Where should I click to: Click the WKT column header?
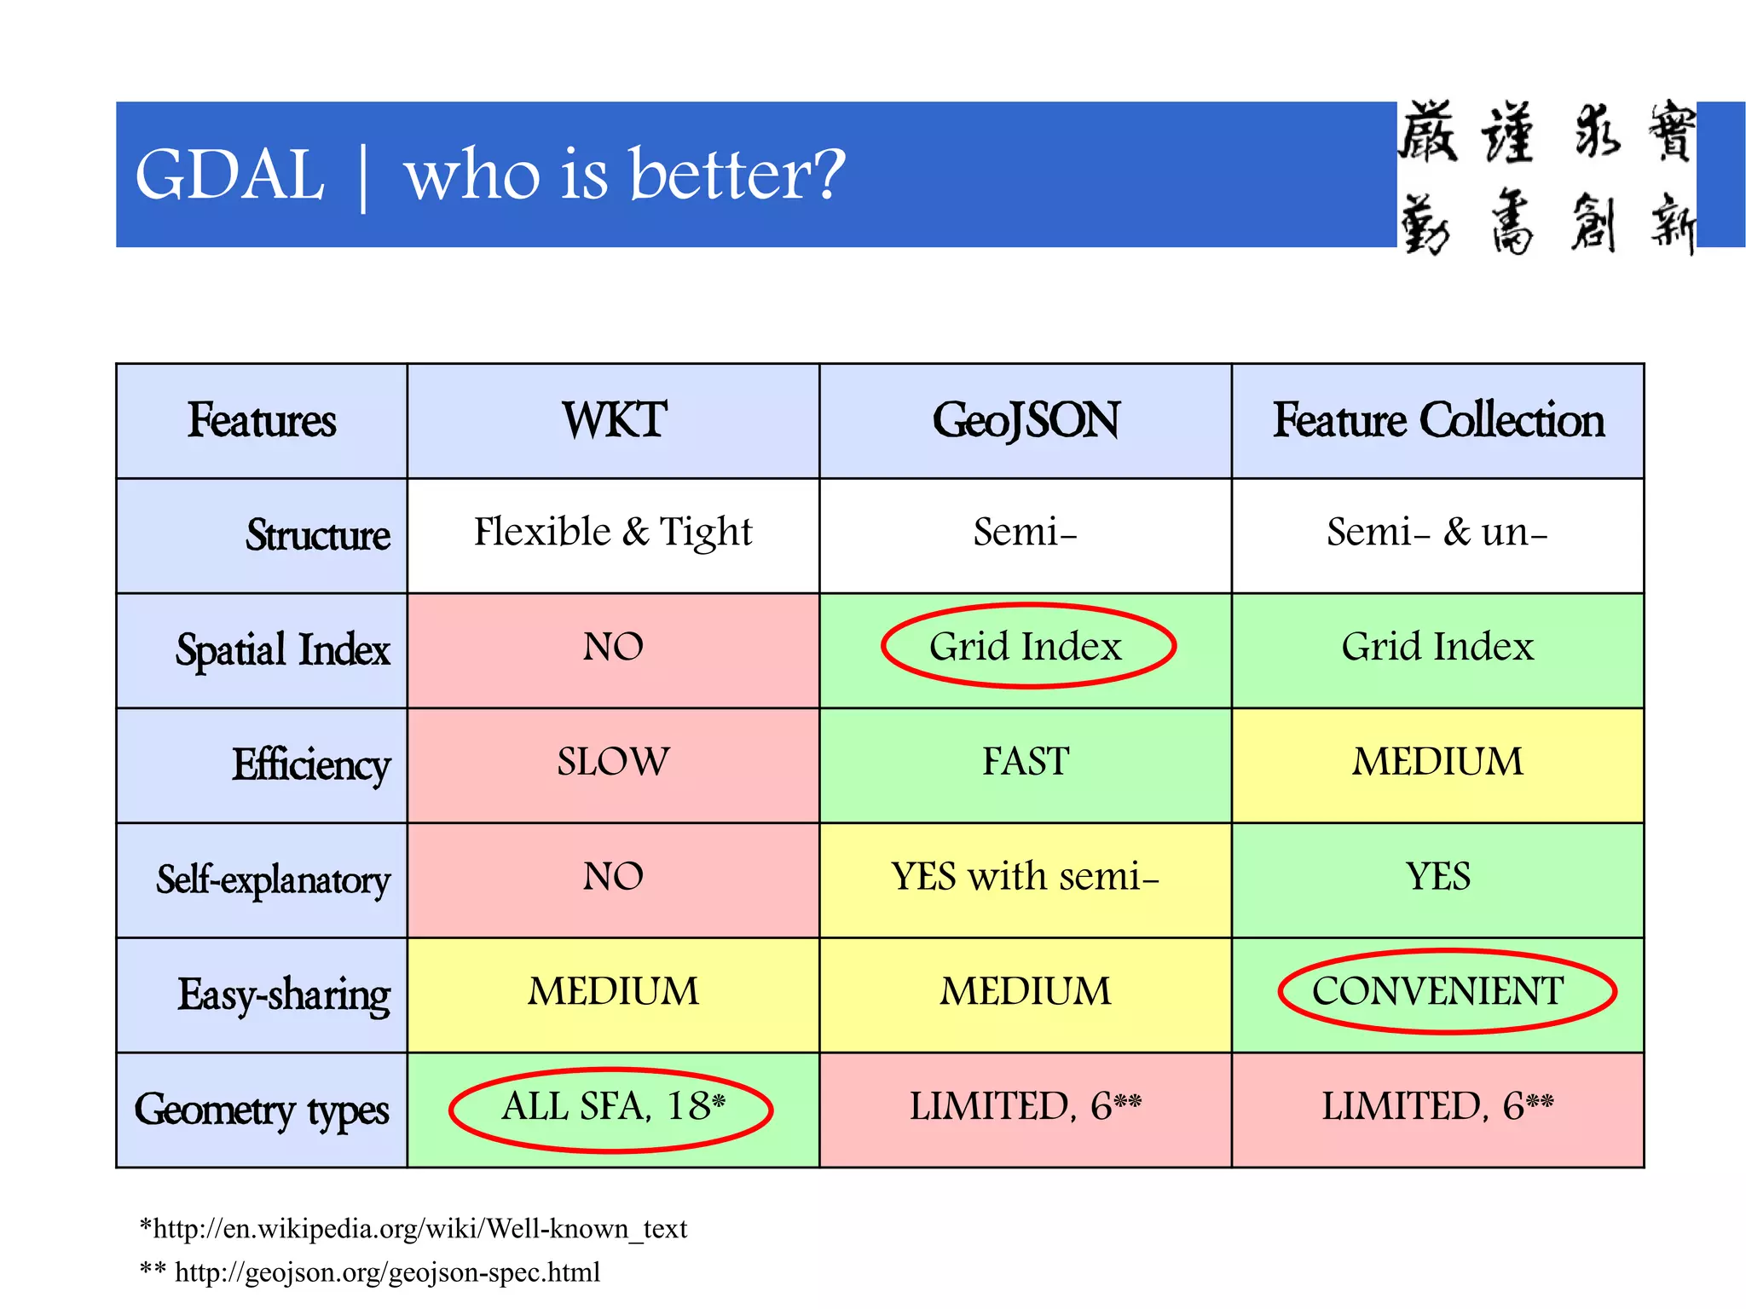click(x=614, y=420)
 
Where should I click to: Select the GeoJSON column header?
click(x=1026, y=420)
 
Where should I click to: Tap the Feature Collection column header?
click(x=1438, y=420)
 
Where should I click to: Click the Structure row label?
click(x=317, y=535)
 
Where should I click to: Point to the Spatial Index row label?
click(x=282, y=649)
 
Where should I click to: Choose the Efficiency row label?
click(x=311, y=764)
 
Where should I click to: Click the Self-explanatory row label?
click(x=273, y=879)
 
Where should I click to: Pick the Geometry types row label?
click(x=262, y=1110)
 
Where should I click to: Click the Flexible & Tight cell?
click(x=613, y=532)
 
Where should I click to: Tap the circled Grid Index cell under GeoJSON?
click(x=1026, y=646)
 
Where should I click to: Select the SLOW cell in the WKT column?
click(x=613, y=761)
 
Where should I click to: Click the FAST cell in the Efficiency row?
click(x=1026, y=761)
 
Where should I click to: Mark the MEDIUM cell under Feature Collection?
click(x=1437, y=761)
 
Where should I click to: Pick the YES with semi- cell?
click(x=1025, y=876)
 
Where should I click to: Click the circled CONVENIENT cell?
click(x=1437, y=991)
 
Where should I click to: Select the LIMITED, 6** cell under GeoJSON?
click(x=1025, y=1107)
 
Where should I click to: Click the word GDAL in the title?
click(x=230, y=175)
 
